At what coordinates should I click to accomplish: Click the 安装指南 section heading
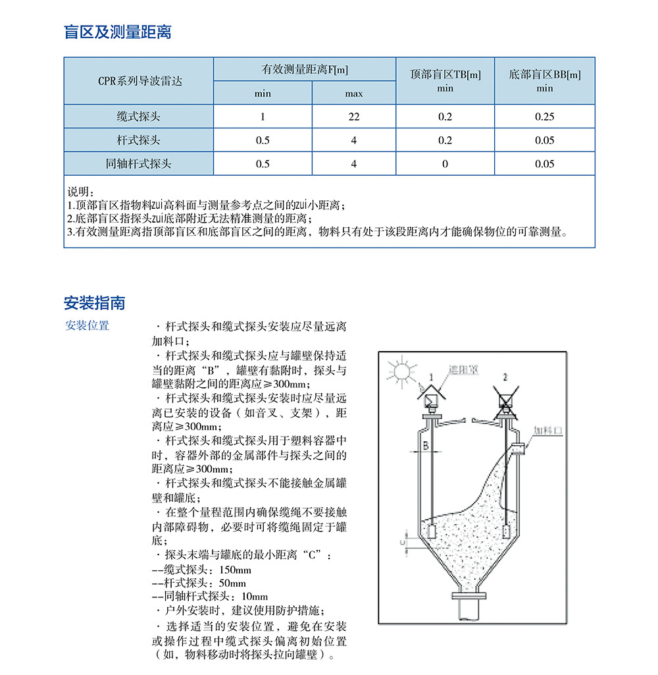[94, 303]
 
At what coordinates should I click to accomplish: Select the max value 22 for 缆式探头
[353, 117]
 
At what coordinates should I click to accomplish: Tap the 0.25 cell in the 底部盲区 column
[544, 117]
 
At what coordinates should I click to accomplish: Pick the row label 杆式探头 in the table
[138, 140]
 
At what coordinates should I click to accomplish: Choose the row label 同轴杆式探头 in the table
[138, 164]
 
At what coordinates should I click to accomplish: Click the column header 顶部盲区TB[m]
[445, 74]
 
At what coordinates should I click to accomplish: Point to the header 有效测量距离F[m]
[305, 69]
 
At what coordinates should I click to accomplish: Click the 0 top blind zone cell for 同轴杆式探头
[445, 164]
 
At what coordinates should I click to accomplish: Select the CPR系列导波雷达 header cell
[138, 81]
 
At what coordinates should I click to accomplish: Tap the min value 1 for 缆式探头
[263, 117]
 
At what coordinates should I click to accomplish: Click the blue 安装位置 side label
[87, 325]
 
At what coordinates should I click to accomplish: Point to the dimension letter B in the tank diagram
[425, 446]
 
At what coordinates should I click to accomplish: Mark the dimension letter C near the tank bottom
[402, 541]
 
